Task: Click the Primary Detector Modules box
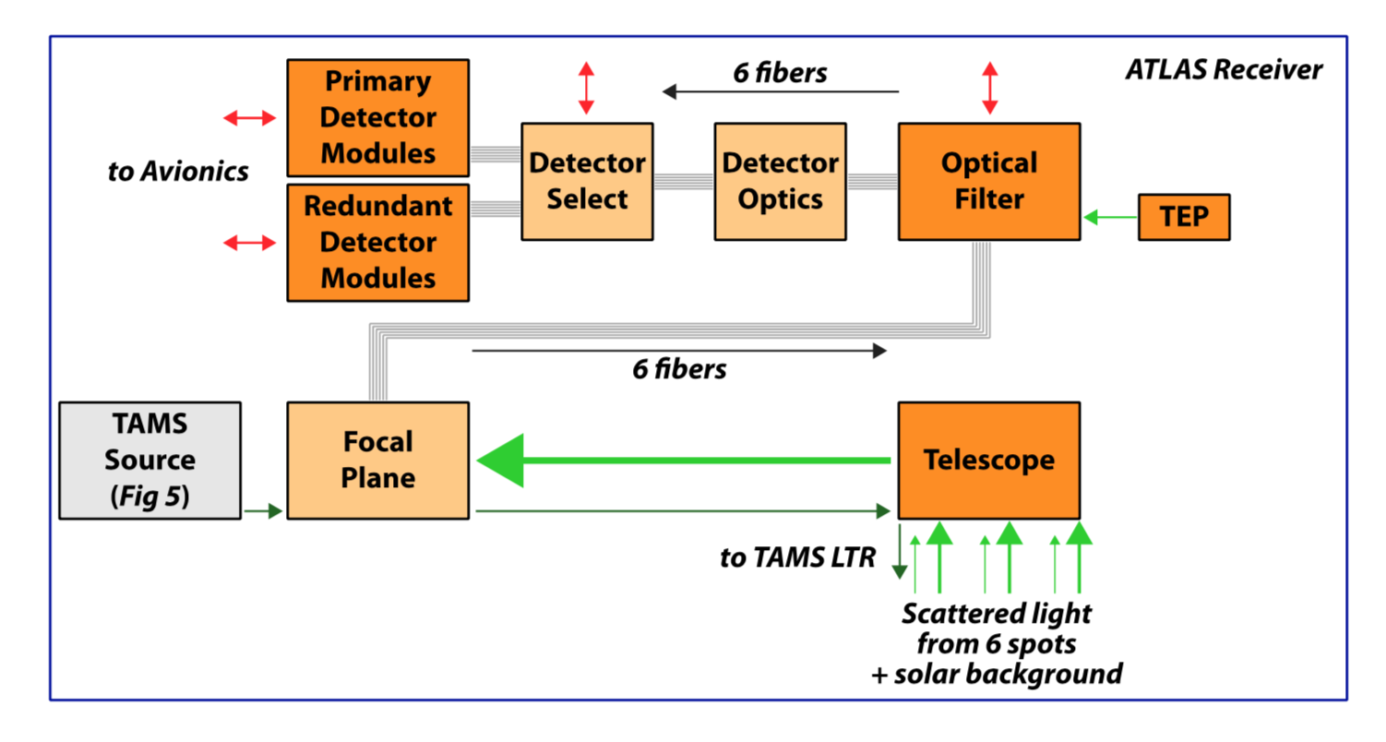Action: coord(377,117)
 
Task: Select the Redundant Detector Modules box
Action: coord(377,243)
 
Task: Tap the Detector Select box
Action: coord(587,182)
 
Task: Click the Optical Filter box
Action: coord(988,182)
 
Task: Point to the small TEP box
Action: coord(1184,218)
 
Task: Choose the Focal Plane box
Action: coord(377,460)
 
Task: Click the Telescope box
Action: coord(988,460)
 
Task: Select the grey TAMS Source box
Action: coord(149,460)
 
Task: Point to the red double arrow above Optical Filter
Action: coord(990,90)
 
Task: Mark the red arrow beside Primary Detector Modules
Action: coord(250,117)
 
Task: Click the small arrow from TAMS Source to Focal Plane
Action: coord(263,510)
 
